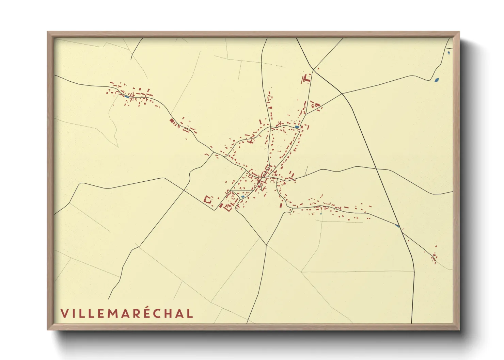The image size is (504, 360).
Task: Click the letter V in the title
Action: [x=64, y=313]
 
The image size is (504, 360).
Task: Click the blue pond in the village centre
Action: [x=242, y=197]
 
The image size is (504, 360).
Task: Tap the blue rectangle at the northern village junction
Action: [x=297, y=127]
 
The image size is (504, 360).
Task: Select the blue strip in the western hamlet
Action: [x=127, y=97]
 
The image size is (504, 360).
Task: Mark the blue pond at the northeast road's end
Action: [x=436, y=80]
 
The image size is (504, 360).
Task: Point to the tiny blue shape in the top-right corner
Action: [x=448, y=52]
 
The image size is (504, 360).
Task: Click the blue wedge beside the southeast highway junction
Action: [x=397, y=226]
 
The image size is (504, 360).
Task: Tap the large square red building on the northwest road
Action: [x=172, y=120]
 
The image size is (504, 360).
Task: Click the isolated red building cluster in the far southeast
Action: [x=434, y=257]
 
